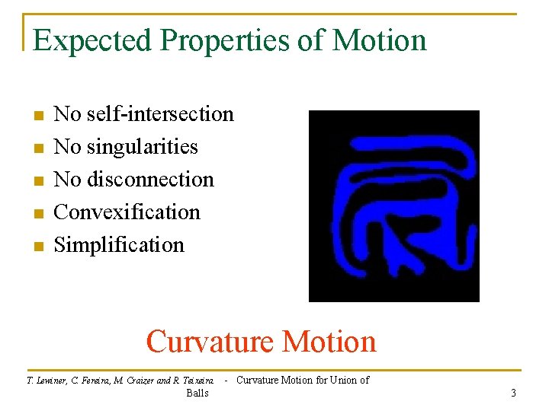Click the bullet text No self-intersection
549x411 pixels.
coord(144,114)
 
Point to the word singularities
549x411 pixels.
coord(142,147)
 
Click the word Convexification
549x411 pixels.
coord(127,212)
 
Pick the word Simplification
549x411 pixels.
coord(120,245)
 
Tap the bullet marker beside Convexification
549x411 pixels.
coord(37,214)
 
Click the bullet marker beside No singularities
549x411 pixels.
coord(37,148)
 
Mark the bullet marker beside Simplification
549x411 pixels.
coord(37,247)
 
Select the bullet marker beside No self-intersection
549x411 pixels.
coord(37,116)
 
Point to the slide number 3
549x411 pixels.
coord(513,393)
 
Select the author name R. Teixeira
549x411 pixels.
coord(195,381)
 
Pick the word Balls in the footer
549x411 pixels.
coord(197,393)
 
